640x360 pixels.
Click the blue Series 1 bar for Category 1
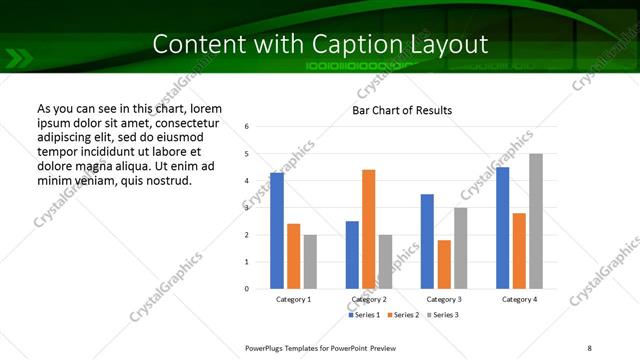(x=277, y=231)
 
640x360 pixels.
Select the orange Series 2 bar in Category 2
(x=368, y=229)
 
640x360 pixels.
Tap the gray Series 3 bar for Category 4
(x=536, y=221)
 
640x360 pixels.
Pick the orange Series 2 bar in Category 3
(x=444, y=264)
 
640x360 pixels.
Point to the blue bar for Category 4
(x=503, y=228)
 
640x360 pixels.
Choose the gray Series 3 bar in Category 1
(x=310, y=262)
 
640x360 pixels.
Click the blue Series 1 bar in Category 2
(x=352, y=255)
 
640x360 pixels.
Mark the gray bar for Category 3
(x=460, y=248)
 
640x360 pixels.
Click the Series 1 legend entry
(x=363, y=315)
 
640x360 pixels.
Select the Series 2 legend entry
(x=403, y=315)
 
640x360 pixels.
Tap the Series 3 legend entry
(x=443, y=315)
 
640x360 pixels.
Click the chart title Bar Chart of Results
(x=402, y=110)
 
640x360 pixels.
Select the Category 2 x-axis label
(x=369, y=299)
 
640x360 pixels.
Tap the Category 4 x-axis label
(x=519, y=299)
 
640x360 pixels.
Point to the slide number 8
(x=588, y=346)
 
